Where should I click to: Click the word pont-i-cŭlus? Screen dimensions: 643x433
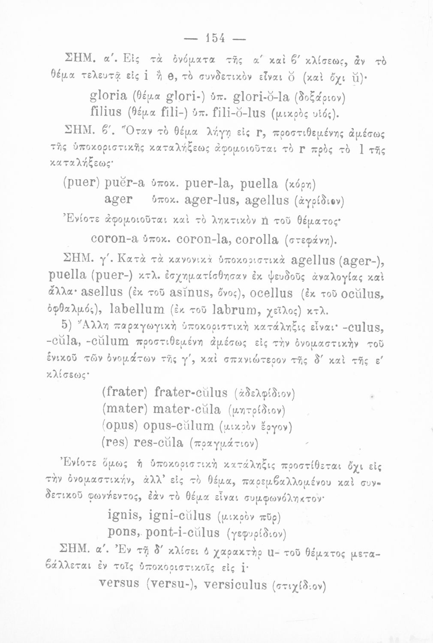pyautogui.click(x=183, y=532)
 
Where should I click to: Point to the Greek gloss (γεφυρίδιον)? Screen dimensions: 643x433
pyautogui.click(x=256, y=534)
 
